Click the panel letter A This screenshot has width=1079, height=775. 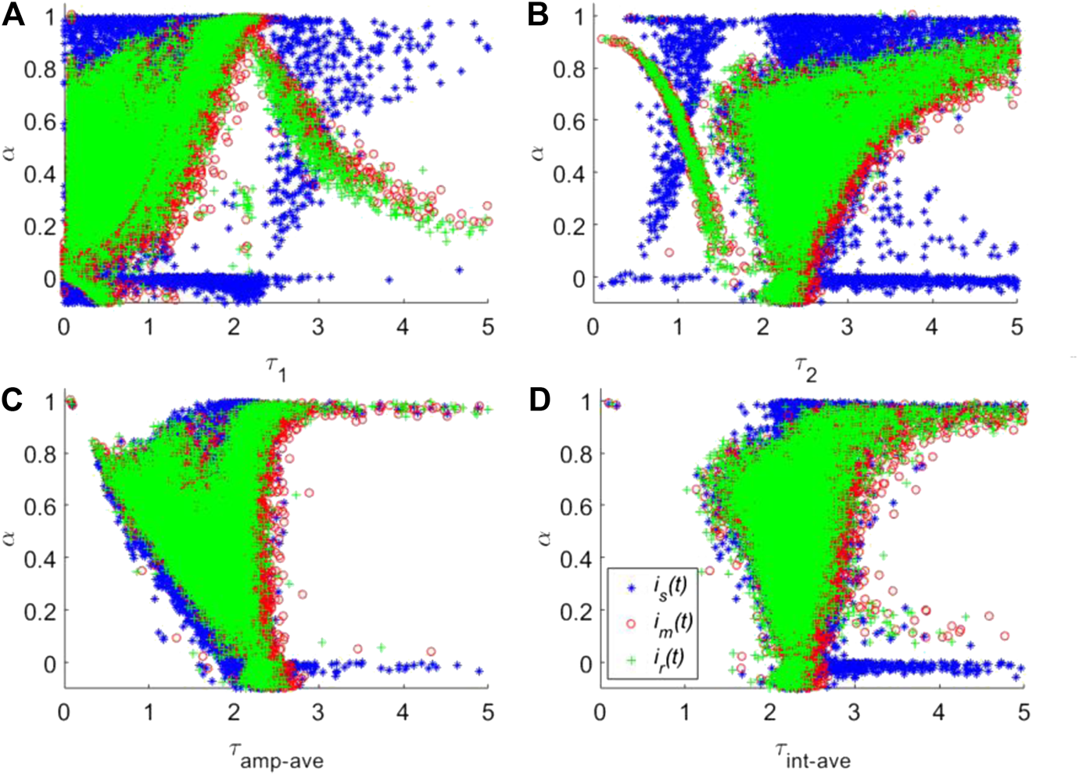(13, 15)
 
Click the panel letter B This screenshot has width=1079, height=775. (538, 15)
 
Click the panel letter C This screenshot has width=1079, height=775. (12, 400)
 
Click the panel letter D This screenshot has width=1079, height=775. (539, 400)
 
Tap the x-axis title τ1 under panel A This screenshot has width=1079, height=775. (274, 368)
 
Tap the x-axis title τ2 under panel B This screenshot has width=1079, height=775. (805, 368)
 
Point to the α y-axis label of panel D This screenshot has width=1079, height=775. (544, 537)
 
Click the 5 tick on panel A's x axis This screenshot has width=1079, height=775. (488, 327)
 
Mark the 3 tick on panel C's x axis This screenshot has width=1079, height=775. (318, 712)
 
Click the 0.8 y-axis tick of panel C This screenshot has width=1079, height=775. (40, 454)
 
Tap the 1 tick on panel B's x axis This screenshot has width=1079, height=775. (678, 327)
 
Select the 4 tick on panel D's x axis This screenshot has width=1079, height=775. (938, 712)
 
